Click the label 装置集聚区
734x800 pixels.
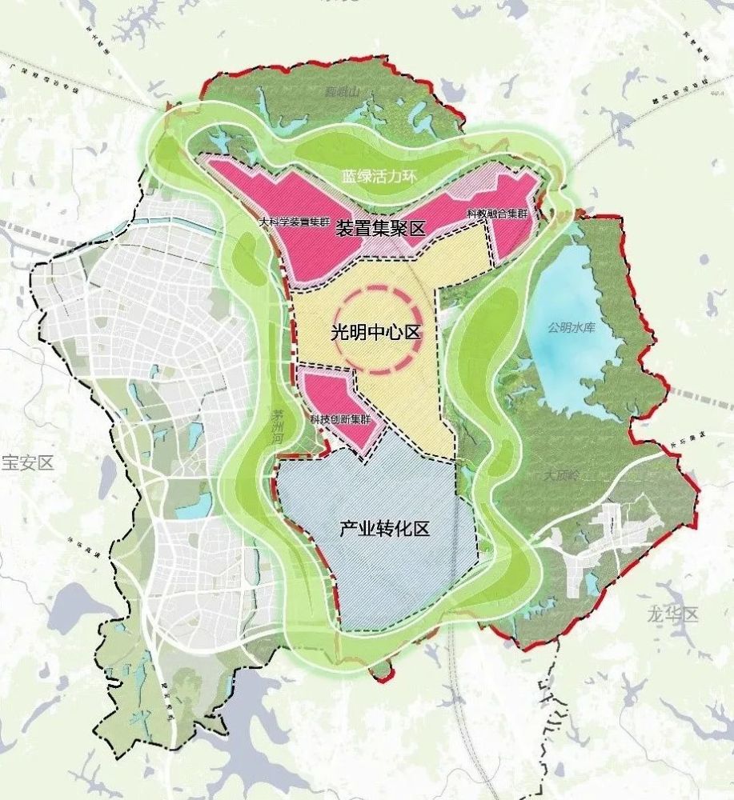(x=379, y=228)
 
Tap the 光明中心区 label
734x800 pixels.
(x=376, y=332)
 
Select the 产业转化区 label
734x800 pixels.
(x=385, y=529)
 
